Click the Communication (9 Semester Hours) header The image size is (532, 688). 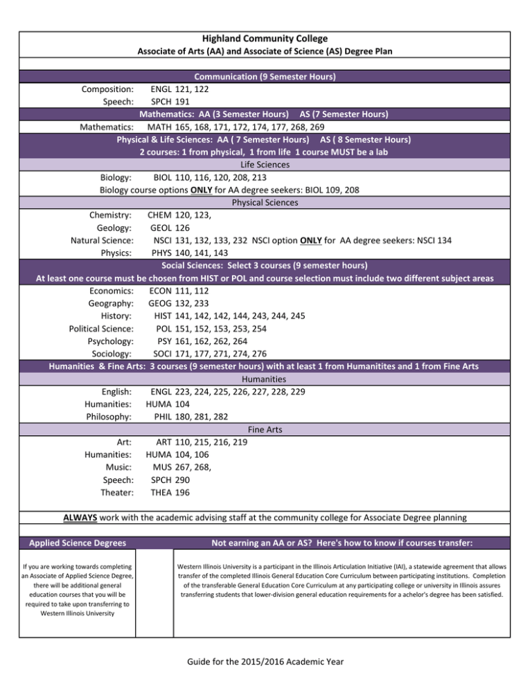[x=265, y=77]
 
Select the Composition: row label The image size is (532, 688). [x=107, y=89]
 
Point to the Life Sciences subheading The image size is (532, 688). [x=265, y=165]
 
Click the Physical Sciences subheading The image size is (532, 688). [x=265, y=203]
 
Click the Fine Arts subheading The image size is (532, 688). [x=265, y=429]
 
